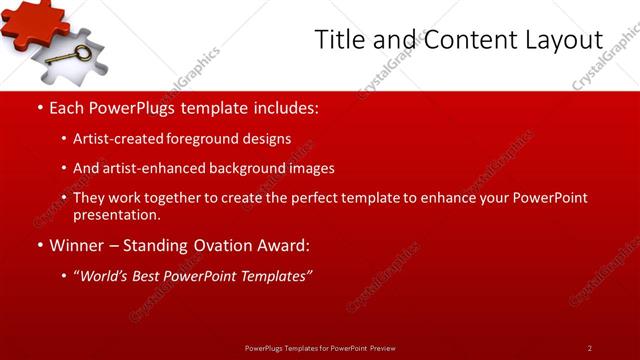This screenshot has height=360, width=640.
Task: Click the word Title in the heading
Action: pos(336,40)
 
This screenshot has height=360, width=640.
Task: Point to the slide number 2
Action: pos(590,348)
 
